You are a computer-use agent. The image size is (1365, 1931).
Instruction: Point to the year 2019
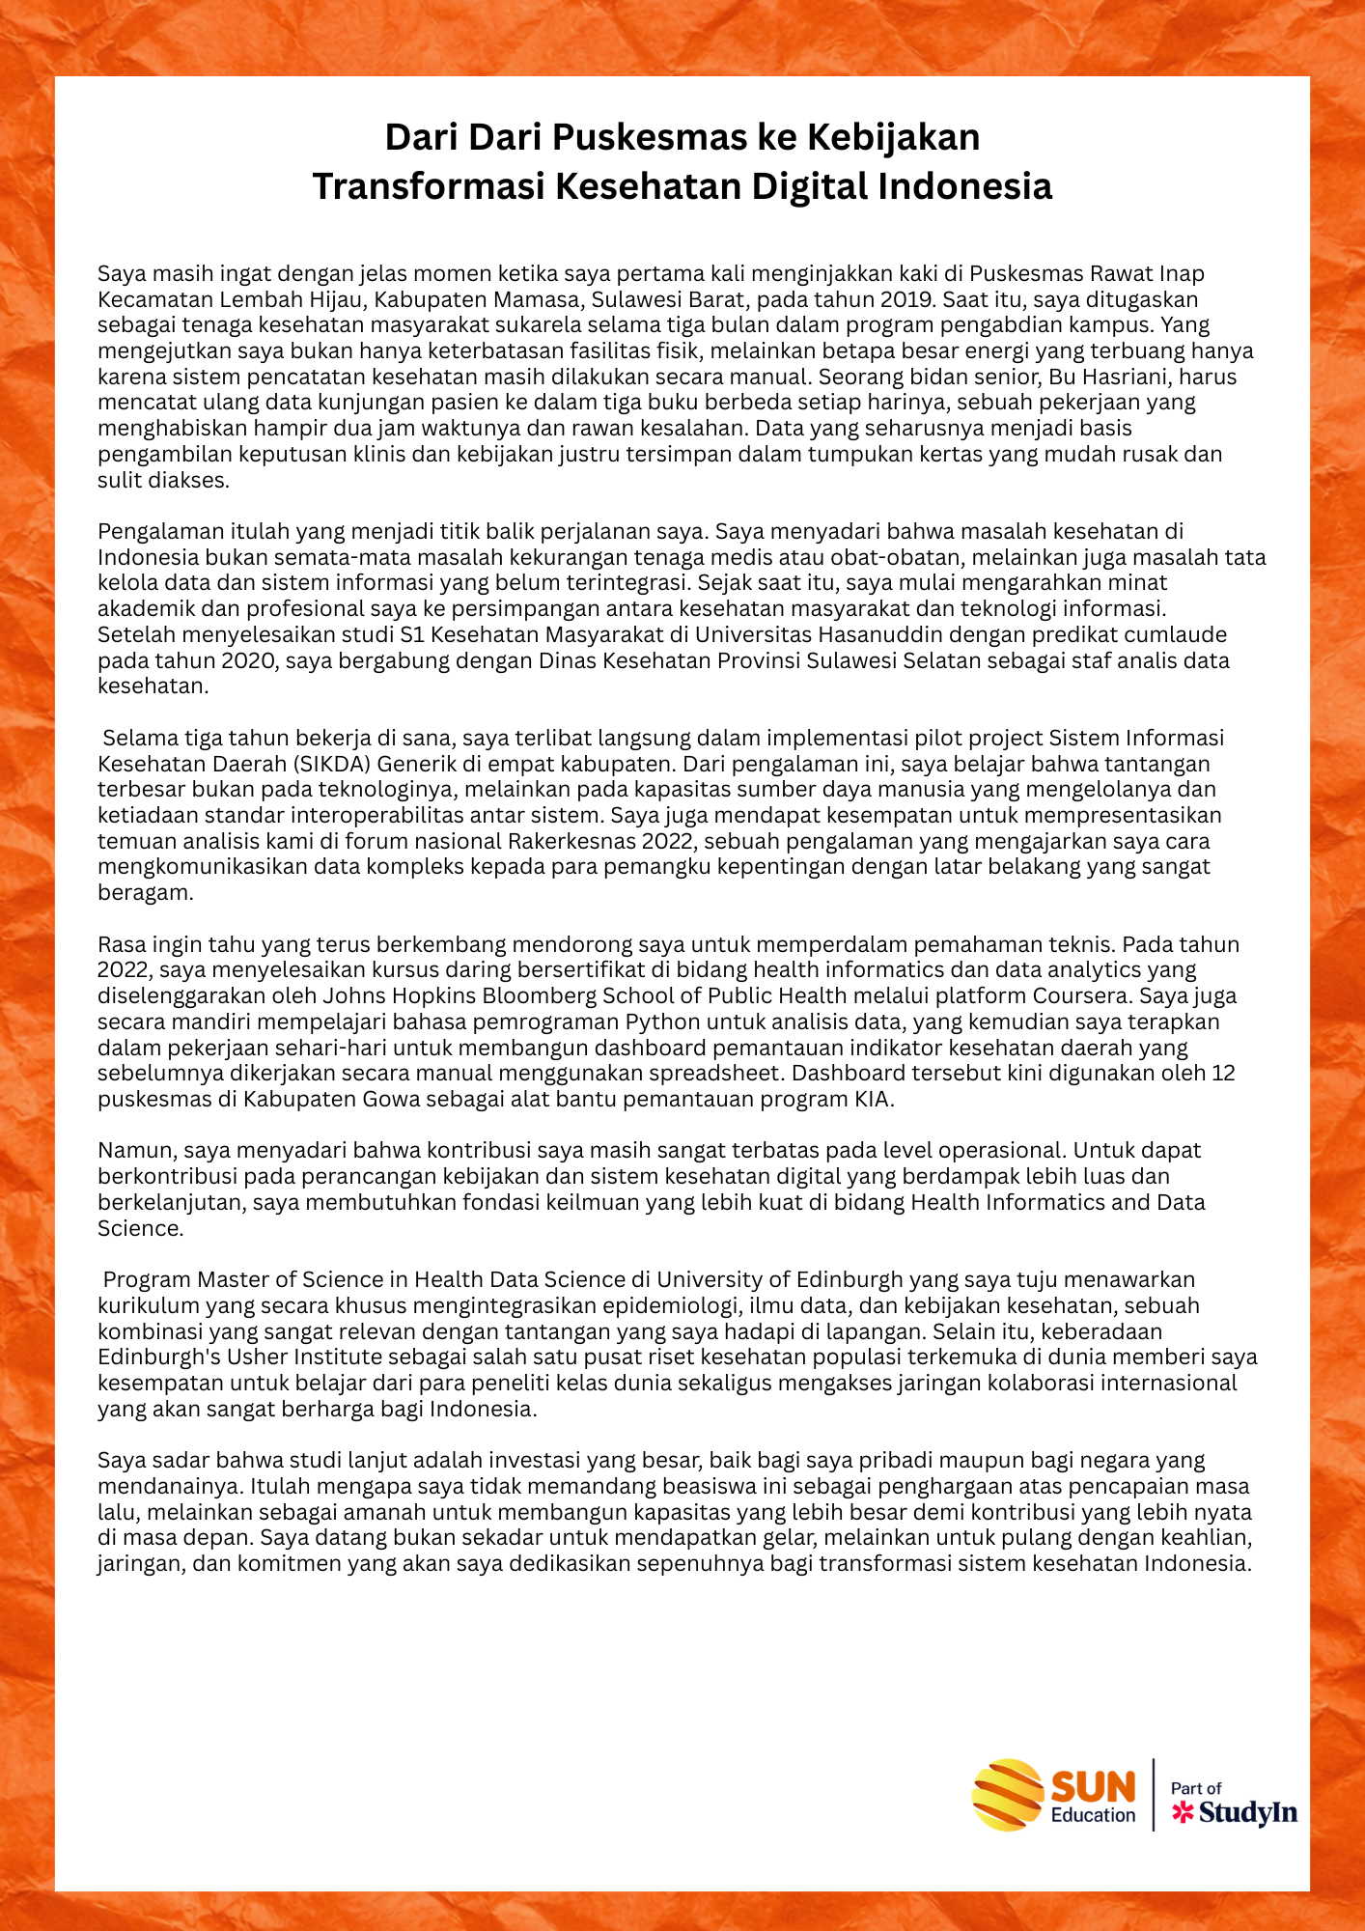point(906,299)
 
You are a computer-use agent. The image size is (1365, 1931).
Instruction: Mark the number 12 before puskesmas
point(1223,1073)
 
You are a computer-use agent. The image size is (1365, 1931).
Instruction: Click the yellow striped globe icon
point(1007,1795)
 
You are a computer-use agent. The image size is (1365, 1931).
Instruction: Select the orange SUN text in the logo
point(1093,1786)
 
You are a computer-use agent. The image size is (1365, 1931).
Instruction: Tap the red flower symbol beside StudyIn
point(1183,1813)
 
